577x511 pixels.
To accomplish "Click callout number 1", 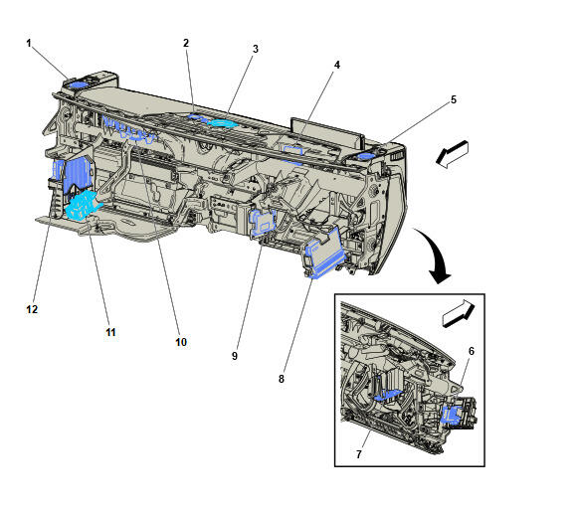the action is [x=29, y=44].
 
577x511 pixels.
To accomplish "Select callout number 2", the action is [x=186, y=43].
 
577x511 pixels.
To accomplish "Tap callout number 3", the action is [x=255, y=49].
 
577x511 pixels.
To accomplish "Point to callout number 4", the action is [x=336, y=65].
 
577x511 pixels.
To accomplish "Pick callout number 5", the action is [x=454, y=99].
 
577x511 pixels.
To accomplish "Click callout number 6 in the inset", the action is [x=472, y=351].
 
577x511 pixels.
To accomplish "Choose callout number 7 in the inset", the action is [x=359, y=454].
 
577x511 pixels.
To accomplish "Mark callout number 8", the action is [x=282, y=379].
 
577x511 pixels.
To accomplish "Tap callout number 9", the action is [x=235, y=356].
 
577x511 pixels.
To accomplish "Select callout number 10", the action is [x=181, y=342].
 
